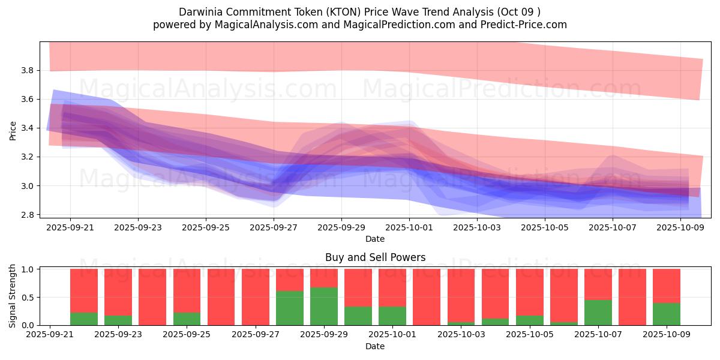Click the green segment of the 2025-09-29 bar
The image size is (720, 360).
coord(324,306)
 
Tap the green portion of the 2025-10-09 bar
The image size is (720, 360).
coord(667,314)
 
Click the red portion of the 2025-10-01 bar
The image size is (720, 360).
coord(392,287)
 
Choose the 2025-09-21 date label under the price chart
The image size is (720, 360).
coord(70,228)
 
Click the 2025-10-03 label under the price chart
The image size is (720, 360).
coord(477,228)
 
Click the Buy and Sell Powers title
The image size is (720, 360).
coord(375,257)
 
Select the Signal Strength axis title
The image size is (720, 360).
coord(13,297)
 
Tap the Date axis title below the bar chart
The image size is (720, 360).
coord(375,346)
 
